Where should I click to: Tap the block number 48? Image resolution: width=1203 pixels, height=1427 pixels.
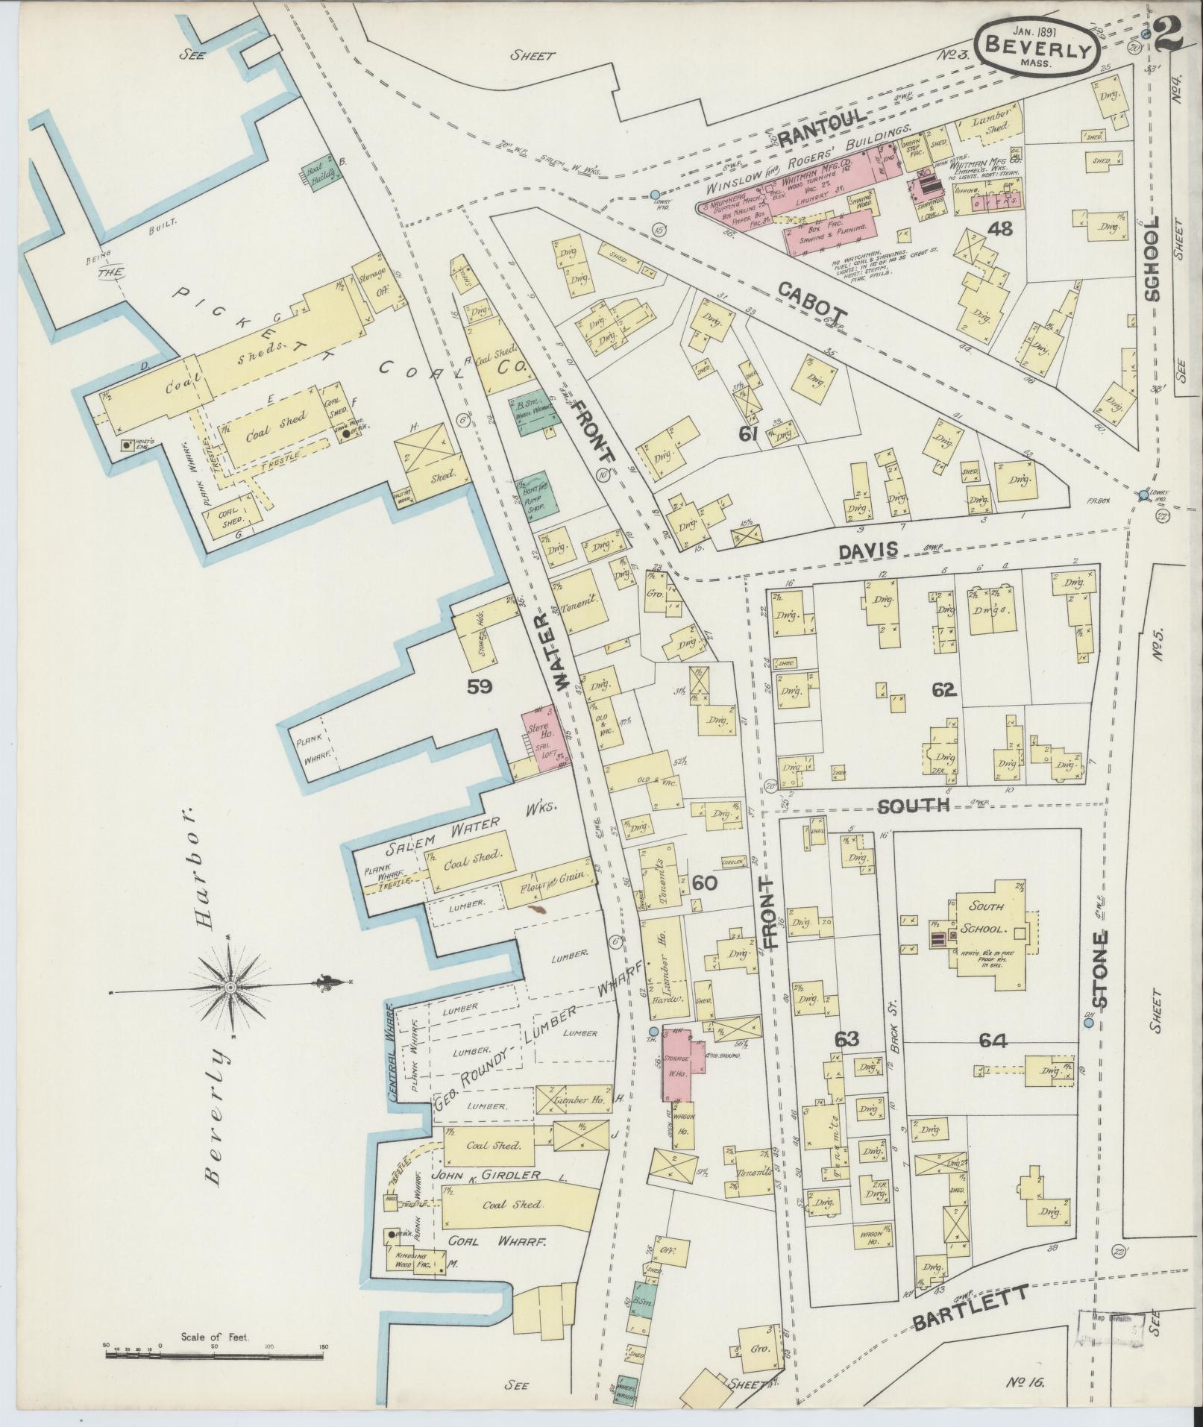(999, 230)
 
